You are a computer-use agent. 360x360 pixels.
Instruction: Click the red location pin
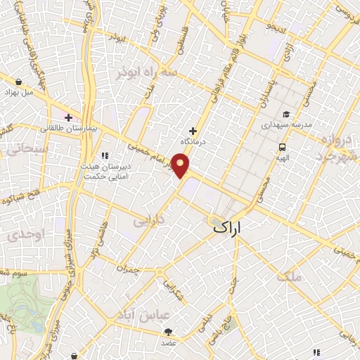(181, 167)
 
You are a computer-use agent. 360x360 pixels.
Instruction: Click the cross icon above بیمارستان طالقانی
(68, 117)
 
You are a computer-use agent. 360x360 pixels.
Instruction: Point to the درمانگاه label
(193, 141)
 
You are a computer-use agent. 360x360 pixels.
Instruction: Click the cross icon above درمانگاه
(193, 131)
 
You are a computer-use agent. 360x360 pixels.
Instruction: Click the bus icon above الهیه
(282, 148)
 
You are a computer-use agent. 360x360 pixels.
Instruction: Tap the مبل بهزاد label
(19, 92)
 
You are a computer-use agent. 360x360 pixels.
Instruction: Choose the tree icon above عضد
(168, 332)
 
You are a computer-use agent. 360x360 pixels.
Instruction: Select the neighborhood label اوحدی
(28, 233)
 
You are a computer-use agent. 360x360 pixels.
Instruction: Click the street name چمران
(130, 269)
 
